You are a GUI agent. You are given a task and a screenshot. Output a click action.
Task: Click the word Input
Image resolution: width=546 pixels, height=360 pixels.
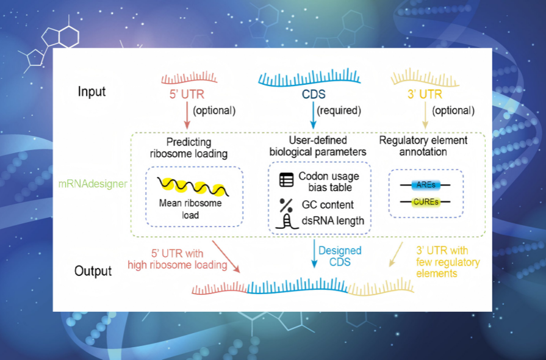92,92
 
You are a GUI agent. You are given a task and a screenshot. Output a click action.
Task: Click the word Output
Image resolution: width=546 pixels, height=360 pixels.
93,271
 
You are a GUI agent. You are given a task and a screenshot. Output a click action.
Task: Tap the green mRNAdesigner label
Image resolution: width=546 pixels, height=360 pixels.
93,184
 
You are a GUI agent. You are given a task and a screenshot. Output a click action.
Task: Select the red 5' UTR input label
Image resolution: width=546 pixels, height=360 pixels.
187,95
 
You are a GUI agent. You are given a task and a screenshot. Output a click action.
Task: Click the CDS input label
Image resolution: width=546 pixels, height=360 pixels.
314,95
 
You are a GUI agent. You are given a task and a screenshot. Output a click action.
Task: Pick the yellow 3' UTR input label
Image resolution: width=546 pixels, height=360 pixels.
425,95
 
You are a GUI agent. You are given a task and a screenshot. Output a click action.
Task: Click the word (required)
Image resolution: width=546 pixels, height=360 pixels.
339,110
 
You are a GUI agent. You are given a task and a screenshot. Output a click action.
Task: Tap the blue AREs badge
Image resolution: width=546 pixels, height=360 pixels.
426,185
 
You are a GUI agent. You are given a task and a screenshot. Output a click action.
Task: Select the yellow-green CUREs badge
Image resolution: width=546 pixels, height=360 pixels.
426,202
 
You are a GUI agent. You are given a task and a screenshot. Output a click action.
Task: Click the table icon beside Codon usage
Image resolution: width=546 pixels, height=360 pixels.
286,180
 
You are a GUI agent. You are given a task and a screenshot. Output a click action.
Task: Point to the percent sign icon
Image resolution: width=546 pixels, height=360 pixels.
286,205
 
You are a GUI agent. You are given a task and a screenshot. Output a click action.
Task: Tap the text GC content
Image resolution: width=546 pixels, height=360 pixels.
328,205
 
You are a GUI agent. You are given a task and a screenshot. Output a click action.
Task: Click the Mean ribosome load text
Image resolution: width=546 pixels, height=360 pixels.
190,209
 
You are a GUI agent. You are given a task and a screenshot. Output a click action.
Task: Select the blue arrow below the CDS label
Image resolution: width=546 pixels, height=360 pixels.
314,115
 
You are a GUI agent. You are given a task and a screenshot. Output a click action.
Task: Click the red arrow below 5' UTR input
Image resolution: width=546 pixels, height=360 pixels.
187,115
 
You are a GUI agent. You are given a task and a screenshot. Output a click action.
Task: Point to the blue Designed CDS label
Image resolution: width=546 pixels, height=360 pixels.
340,256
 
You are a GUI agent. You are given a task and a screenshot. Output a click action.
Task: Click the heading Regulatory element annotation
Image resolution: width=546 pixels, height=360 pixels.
423,146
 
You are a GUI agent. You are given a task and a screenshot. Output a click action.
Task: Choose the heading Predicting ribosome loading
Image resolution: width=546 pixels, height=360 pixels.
189,148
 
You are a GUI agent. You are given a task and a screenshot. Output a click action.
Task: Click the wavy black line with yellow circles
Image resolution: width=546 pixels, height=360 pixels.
193,186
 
